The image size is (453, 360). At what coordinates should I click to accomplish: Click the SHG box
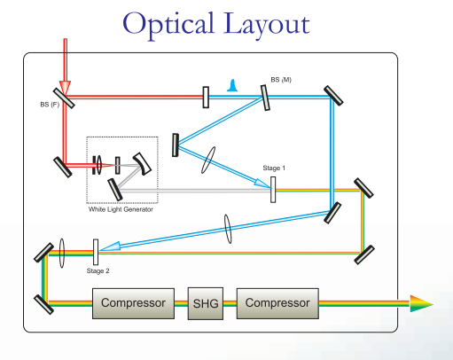tap(206, 303)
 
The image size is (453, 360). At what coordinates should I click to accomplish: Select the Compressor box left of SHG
tap(133, 303)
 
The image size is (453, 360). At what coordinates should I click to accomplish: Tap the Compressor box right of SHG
tap(277, 303)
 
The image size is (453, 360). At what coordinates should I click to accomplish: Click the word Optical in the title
tap(168, 24)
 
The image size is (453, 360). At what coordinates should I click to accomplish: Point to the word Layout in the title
tap(266, 24)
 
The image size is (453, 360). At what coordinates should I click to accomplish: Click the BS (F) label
tap(50, 105)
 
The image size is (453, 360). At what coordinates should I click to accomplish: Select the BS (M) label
tap(281, 80)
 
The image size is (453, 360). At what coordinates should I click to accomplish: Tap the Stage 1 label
tap(274, 168)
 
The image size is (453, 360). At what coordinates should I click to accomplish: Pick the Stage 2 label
tap(98, 271)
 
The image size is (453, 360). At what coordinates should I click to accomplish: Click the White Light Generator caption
tap(121, 209)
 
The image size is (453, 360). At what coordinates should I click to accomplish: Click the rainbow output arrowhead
tap(422, 303)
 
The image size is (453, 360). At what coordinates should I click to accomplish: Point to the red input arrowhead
tap(65, 88)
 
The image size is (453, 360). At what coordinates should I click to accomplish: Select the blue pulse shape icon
tap(232, 85)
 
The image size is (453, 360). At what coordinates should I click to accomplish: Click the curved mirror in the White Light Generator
tap(143, 164)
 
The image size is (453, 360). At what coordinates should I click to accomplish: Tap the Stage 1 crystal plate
tap(273, 190)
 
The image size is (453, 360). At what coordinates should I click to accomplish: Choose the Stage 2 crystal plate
tap(96, 252)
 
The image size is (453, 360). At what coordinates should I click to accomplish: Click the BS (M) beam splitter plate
tap(265, 98)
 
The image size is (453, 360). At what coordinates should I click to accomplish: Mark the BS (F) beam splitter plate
tap(64, 98)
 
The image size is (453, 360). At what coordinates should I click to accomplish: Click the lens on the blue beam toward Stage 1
tap(208, 160)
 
